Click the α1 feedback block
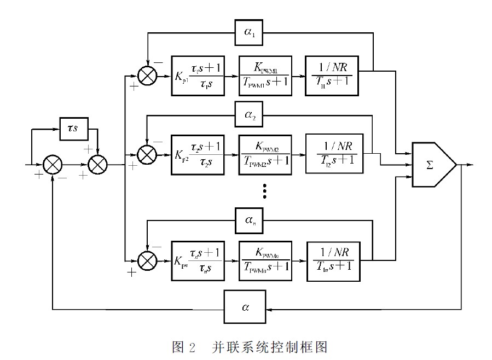249,33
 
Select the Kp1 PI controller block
199,76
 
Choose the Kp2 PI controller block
199,154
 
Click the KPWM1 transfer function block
265,76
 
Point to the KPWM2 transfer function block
265,154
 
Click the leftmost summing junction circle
53,164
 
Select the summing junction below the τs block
97,164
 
